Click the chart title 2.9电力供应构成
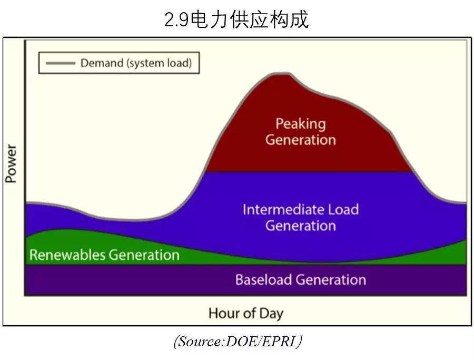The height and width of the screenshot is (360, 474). coord(236,20)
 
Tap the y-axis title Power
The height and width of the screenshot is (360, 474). coord(11,164)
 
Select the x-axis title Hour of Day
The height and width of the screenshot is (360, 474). coord(245,313)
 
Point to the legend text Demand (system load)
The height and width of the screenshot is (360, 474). coord(136,63)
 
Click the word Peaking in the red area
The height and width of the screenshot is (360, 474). coord(301,124)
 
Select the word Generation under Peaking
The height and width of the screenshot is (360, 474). coord(301,140)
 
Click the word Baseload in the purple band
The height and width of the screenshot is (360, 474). coord(263,279)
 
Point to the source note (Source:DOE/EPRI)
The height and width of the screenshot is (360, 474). coord(238,342)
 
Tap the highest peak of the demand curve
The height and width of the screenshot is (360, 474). coord(282,74)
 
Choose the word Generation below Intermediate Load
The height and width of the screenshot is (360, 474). coord(301,226)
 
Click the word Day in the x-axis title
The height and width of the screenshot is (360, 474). coord(271,314)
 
